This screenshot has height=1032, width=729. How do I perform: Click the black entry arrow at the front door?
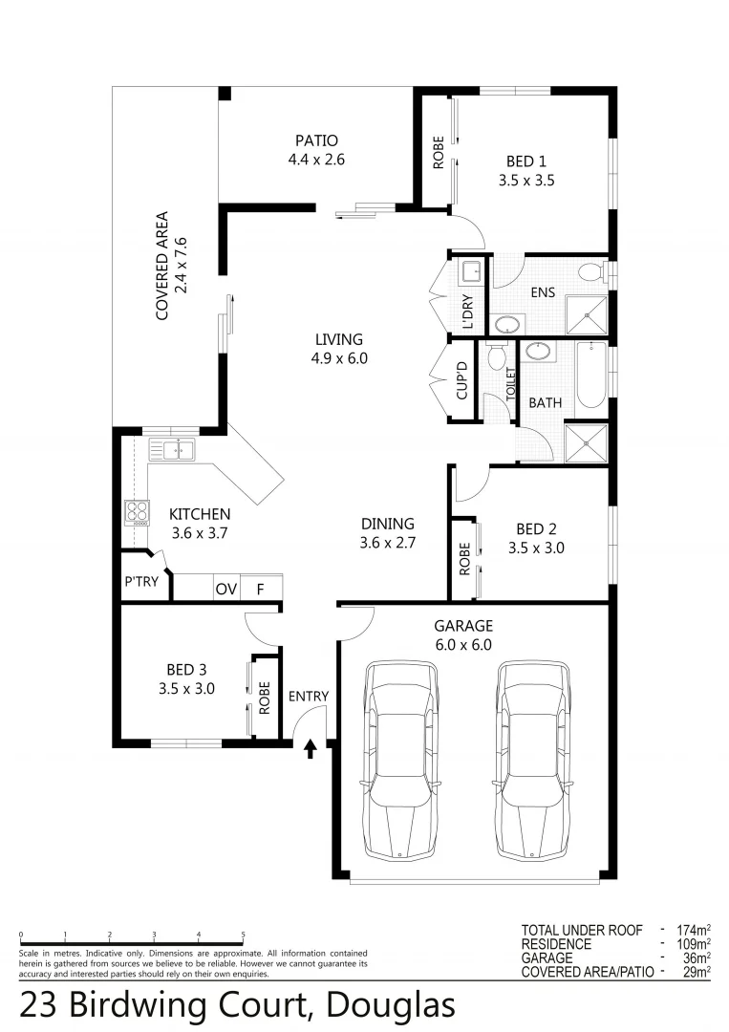point(310,748)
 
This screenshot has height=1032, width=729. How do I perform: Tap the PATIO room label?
point(316,140)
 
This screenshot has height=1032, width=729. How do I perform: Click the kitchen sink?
point(172,449)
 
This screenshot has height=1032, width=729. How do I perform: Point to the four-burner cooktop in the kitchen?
point(138,513)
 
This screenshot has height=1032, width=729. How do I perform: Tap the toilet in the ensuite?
point(595,272)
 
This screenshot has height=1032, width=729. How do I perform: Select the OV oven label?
point(225,589)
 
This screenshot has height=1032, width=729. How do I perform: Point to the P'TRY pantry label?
point(141,581)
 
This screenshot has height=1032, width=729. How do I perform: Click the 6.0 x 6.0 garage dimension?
point(463,644)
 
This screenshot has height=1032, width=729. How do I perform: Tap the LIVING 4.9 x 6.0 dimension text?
point(339,359)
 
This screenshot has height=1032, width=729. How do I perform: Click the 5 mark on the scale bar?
point(243,935)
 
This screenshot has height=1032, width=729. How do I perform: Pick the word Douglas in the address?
point(390,1006)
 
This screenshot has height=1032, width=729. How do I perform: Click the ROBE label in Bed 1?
point(438,153)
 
